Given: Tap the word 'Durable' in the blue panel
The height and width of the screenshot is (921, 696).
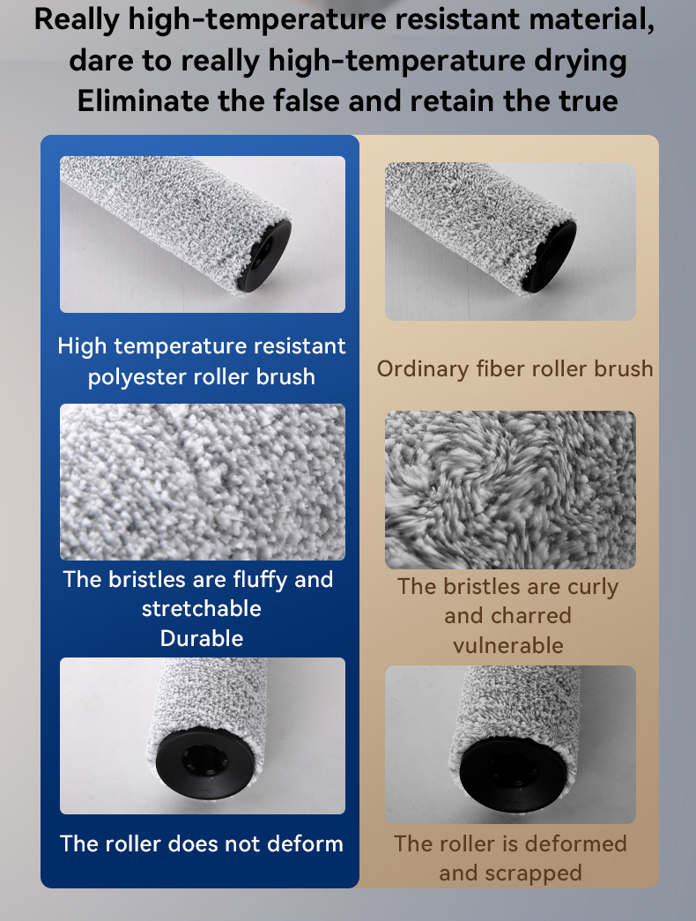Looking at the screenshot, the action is point(202,638).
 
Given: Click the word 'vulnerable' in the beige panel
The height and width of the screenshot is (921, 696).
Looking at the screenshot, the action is point(508,645).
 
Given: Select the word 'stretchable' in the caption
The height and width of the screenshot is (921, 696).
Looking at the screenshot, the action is point(202,609).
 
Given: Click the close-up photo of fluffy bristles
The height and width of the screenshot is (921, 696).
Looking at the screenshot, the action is point(203,481).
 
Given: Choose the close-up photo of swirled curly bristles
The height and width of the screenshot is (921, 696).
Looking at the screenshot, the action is point(510,490).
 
